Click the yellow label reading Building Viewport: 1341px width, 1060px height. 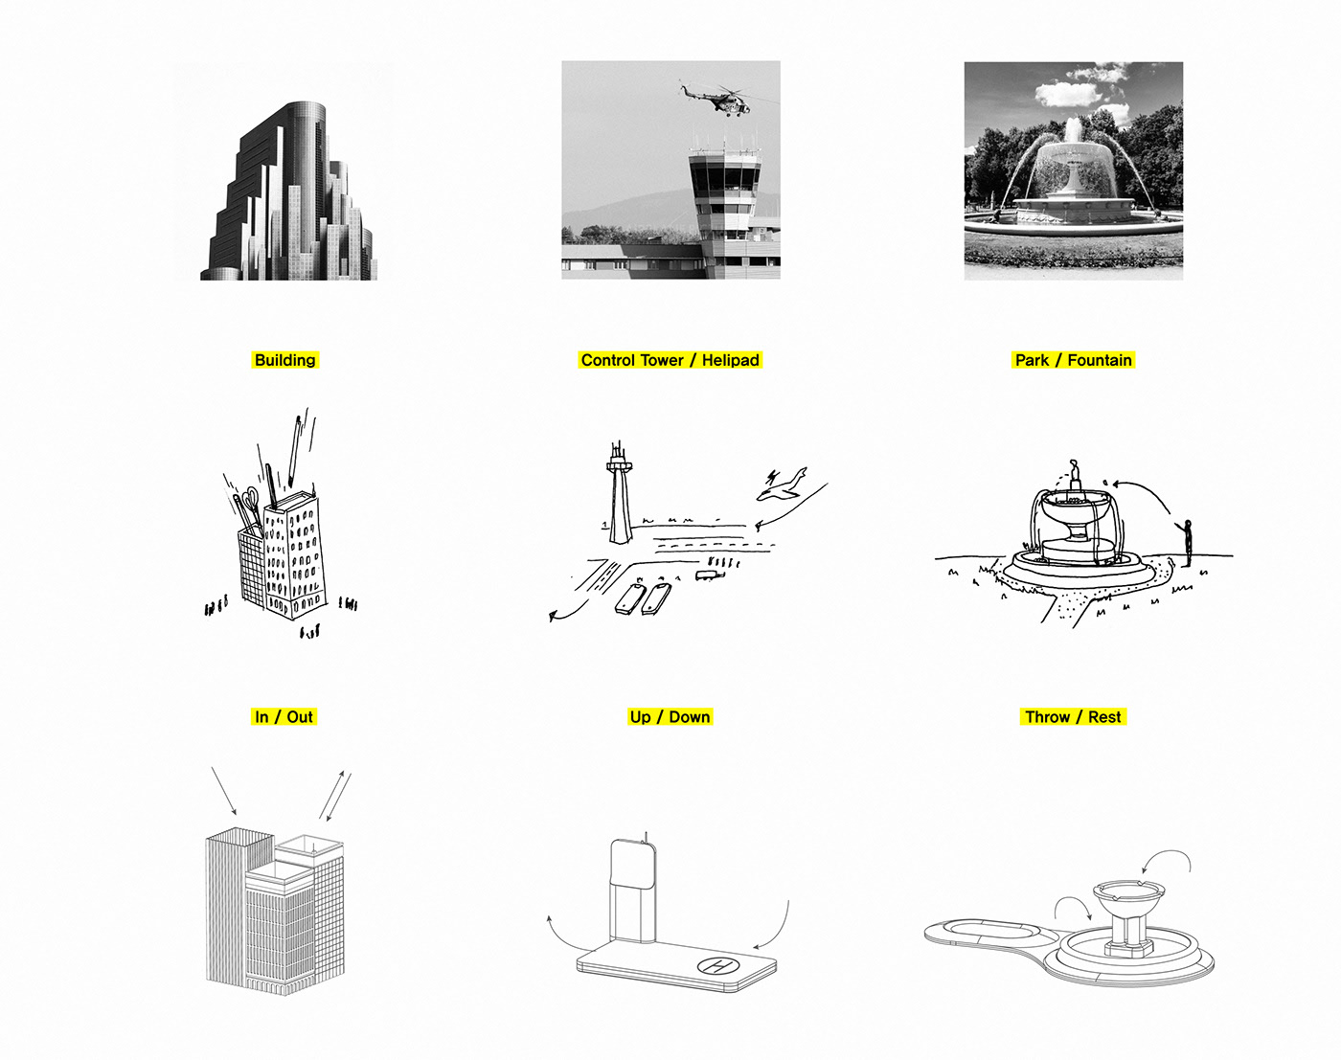pyautogui.click(x=284, y=360)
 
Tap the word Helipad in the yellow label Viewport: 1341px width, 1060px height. pyautogui.click(x=730, y=360)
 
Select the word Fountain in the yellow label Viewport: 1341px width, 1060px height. pyautogui.click(x=1099, y=360)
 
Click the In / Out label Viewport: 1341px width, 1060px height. pyautogui.click(x=284, y=717)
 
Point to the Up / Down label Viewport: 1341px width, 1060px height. pyautogui.click(x=670, y=717)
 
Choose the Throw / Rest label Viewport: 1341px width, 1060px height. pyautogui.click(x=1072, y=717)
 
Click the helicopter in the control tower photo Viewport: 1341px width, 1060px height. pyautogui.click(x=718, y=99)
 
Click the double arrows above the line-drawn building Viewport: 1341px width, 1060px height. pyautogui.click(x=333, y=796)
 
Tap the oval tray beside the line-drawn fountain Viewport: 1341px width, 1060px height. pyautogui.click(x=990, y=931)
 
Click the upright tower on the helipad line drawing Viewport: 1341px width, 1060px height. pyautogui.click(x=629, y=895)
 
